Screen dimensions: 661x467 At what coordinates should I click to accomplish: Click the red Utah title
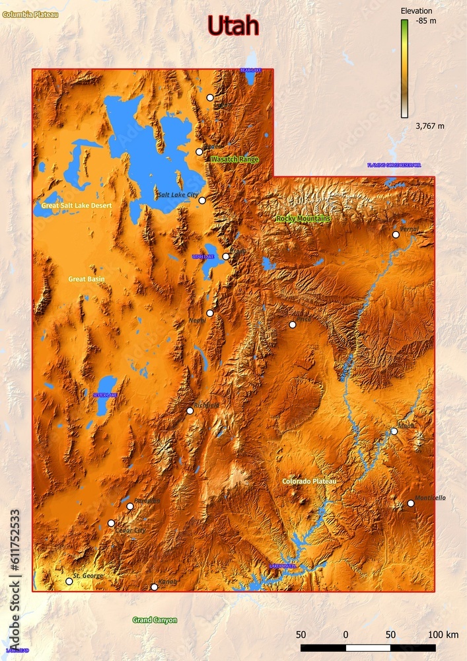[x=233, y=26]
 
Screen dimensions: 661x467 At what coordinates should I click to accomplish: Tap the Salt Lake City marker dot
[x=202, y=200]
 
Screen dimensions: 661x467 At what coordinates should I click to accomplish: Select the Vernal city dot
[x=396, y=235]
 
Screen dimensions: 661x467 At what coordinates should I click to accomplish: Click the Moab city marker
[x=394, y=431]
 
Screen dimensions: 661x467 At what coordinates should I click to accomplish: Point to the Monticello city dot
[x=410, y=503]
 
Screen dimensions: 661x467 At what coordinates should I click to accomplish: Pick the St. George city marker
[x=69, y=582]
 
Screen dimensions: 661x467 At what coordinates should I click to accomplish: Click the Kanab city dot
[x=154, y=587]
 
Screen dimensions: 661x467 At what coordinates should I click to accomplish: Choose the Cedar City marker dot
[x=111, y=523]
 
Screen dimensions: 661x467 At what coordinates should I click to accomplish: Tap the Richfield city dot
[x=190, y=410]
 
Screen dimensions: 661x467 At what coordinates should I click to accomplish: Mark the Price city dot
[x=292, y=325]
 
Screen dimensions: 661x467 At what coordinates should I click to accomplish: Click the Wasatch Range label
[x=234, y=160]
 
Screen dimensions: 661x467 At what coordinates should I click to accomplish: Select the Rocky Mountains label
[x=303, y=219]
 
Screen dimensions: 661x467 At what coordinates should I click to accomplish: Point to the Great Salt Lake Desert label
[x=77, y=206]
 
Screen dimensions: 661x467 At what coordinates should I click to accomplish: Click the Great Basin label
[x=87, y=280]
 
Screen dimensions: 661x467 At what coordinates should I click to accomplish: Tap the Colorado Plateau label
[x=309, y=482]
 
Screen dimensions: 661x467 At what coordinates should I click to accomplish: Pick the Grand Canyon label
[x=155, y=620]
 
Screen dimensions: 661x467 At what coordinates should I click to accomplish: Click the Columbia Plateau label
[x=30, y=14]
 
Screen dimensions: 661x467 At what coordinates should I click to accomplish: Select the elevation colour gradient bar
[x=404, y=68]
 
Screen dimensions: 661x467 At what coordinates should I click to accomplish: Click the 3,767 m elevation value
[x=429, y=126]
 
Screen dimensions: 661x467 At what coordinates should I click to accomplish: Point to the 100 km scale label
[x=443, y=635]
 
